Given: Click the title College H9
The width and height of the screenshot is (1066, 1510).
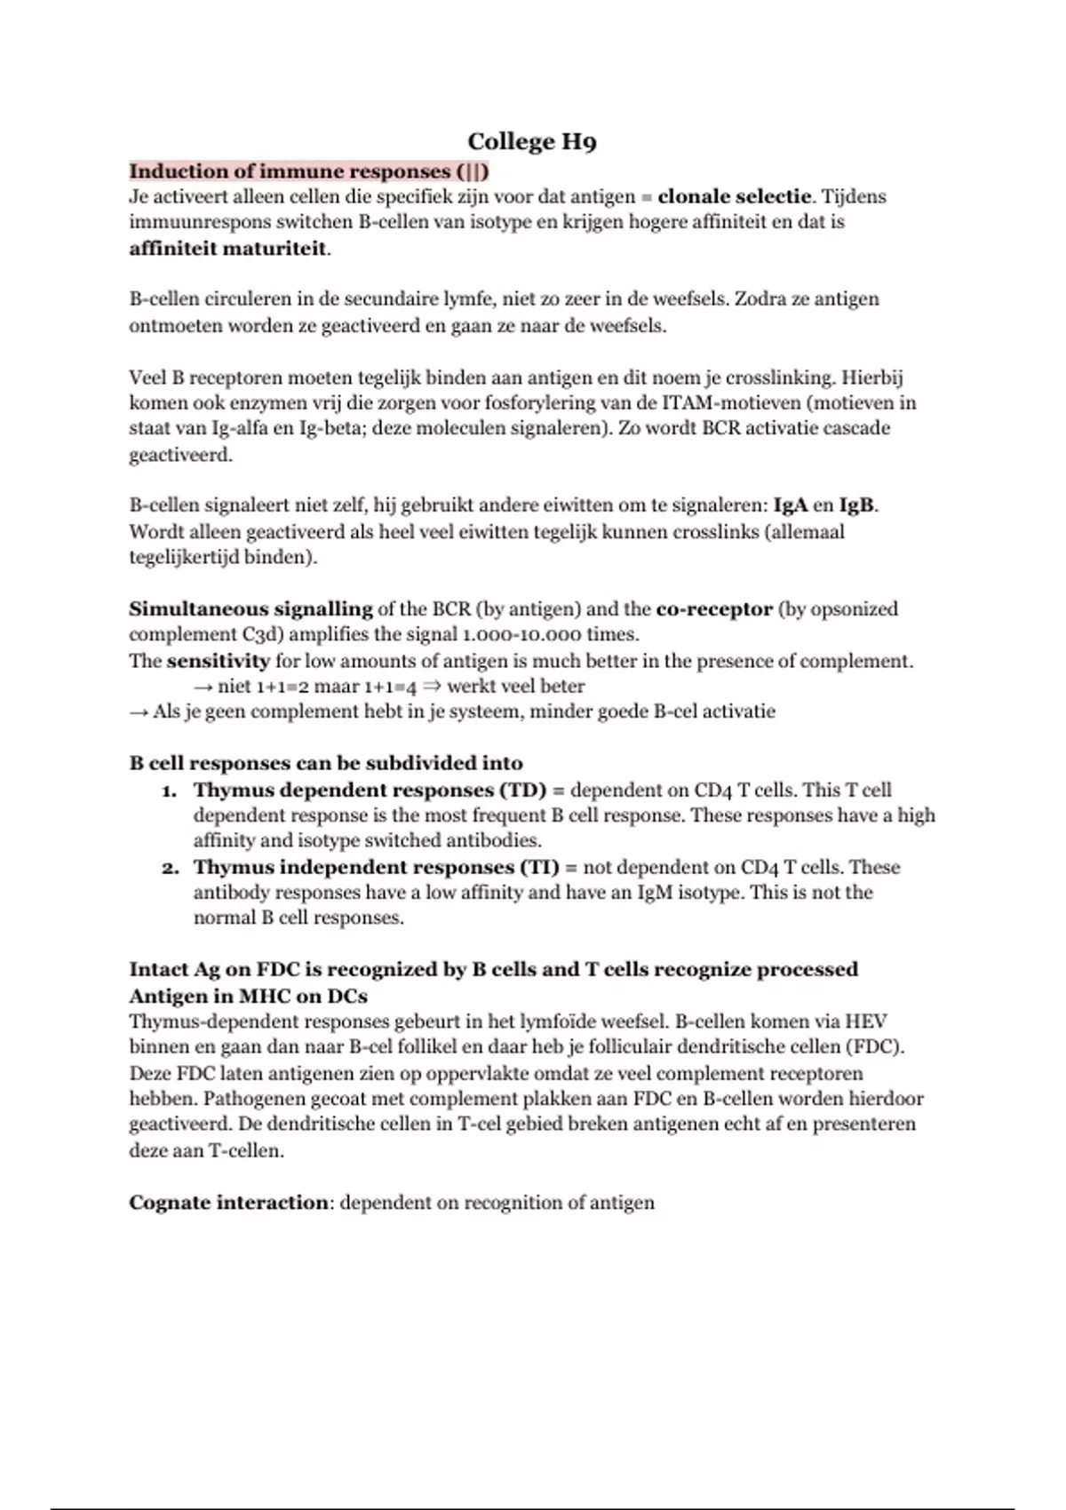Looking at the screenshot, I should (x=531, y=142).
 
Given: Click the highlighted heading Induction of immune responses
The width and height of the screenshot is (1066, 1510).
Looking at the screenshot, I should (x=308, y=171).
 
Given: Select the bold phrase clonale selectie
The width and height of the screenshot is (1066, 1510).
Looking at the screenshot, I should (x=734, y=196).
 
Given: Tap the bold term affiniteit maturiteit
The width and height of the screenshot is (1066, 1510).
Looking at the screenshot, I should (x=228, y=248).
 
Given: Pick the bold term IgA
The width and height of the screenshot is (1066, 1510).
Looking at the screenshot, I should (x=791, y=506).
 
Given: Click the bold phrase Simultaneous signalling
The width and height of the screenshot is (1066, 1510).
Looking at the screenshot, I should (x=251, y=609).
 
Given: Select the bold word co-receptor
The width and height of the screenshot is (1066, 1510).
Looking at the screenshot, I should (x=713, y=609).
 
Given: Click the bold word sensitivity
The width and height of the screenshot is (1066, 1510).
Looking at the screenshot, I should (x=218, y=661).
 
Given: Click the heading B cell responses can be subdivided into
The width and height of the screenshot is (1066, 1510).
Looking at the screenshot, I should (x=326, y=763).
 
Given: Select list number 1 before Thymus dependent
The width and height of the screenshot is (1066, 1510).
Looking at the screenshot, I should (x=169, y=791).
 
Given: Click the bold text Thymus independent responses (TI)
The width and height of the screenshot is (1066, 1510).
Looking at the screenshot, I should (x=376, y=867).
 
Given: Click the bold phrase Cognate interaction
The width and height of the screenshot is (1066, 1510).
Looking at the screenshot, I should (x=228, y=1203).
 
